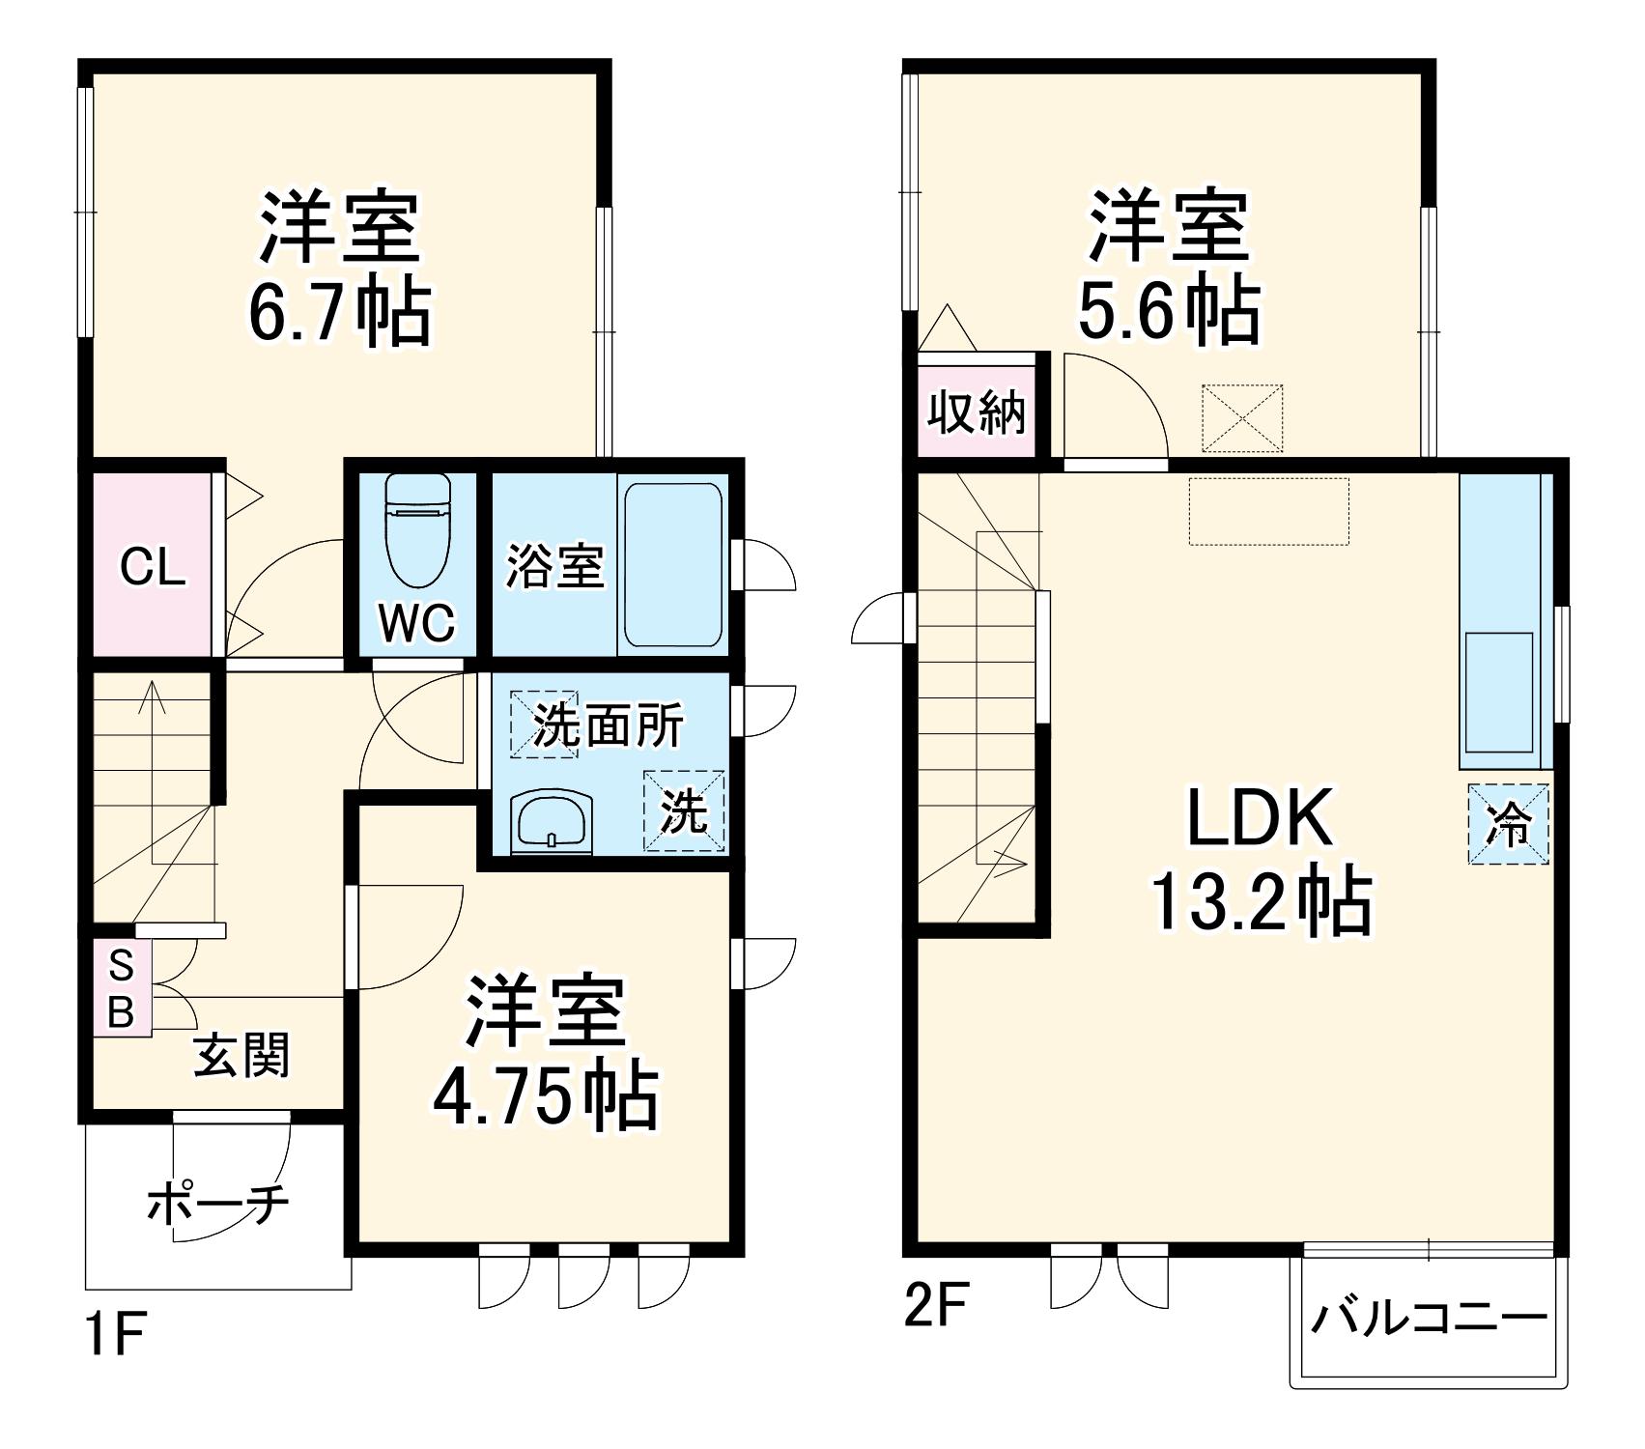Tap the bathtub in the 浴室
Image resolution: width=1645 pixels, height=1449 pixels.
(x=672, y=565)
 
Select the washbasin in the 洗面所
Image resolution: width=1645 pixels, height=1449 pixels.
(x=552, y=822)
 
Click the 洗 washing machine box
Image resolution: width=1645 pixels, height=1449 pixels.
(x=684, y=810)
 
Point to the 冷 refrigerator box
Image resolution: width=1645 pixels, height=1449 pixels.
(x=1508, y=824)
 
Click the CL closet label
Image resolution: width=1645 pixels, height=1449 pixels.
(x=152, y=568)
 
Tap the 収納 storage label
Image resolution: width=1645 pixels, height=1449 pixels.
(x=976, y=413)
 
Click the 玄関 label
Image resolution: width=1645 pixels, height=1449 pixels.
(x=241, y=1056)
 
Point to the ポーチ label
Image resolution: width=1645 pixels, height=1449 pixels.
(x=218, y=1204)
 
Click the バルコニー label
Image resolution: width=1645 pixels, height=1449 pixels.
(x=1429, y=1319)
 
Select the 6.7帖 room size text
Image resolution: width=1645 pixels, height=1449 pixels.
(x=339, y=311)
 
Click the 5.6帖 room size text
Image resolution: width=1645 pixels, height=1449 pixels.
(x=1168, y=310)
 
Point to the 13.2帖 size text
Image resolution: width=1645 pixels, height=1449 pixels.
(x=1262, y=901)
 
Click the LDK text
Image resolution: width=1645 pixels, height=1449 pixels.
(x=1260, y=817)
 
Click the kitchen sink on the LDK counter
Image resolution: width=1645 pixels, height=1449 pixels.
(x=1499, y=692)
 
